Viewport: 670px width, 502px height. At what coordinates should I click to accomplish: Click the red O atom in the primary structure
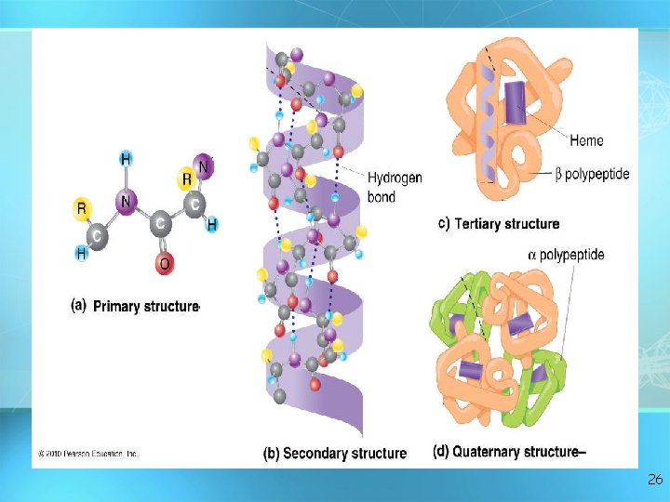tap(165, 264)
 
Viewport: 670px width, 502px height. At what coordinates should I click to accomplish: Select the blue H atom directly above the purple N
tap(126, 159)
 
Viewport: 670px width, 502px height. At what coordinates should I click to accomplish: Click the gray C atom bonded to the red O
tap(159, 223)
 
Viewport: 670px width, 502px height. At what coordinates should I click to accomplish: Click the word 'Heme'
tap(586, 141)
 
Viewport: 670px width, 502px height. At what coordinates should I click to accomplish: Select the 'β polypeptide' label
tap(591, 174)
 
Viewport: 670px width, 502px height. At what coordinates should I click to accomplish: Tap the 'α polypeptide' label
tap(566, 254)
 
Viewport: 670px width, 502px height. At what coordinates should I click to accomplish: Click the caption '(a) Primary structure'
tap(135, 306)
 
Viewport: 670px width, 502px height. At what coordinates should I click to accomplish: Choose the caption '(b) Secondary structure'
tap(334, 454)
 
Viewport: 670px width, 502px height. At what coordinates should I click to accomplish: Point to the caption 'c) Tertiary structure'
tap(498, 224)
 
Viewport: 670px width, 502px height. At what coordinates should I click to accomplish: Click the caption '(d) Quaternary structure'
tap(508, 452)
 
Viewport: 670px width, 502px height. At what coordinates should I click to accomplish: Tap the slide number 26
tap(654, 480)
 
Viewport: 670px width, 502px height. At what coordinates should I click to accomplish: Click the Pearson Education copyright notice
tap(87, 454)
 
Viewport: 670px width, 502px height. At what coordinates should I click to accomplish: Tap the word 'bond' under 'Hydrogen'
tap(382, 196)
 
